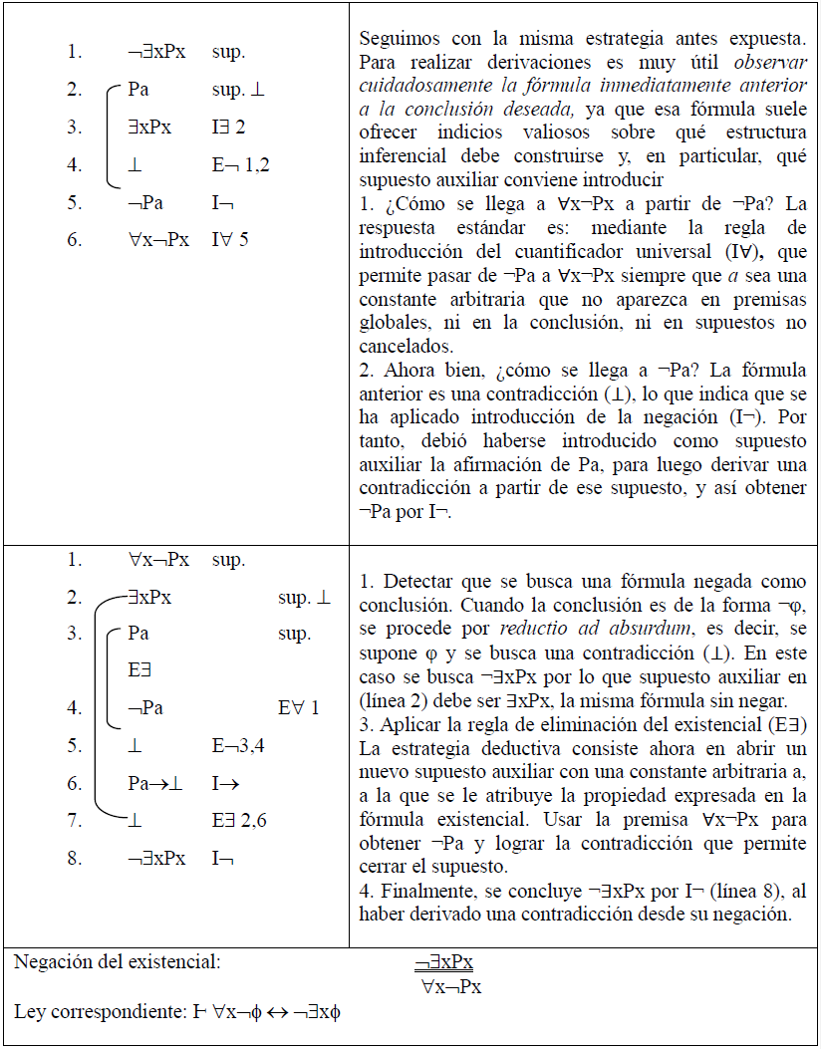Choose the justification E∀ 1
point(300,708)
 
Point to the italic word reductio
point(537,629)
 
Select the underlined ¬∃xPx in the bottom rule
point(444,963)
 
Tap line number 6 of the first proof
point(75,241)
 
